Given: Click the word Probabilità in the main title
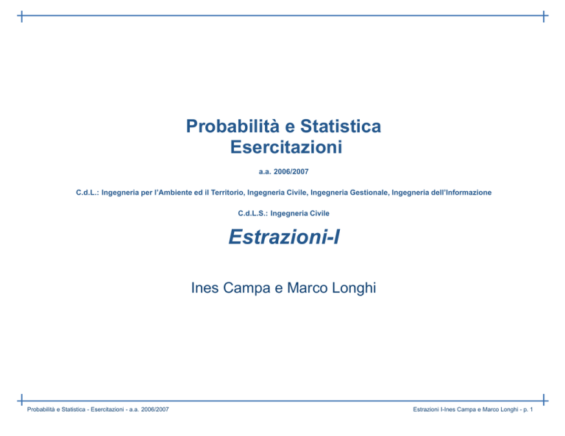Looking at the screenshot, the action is (232, 126).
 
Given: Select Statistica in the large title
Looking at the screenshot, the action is (341, 126).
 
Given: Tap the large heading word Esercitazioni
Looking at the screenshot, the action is (286, 147).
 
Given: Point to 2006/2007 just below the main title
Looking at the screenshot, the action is (291, 172).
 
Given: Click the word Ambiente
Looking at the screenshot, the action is (175, 193).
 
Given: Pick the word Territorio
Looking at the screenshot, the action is (228, 193).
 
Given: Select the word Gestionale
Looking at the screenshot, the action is (369, 193).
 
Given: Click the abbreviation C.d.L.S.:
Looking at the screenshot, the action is (252, 213).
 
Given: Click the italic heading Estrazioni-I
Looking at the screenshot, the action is (284, 237).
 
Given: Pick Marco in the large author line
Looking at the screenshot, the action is (308, 287).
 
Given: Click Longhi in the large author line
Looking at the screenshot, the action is (354, 288).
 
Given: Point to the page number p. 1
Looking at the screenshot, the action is (528, 410).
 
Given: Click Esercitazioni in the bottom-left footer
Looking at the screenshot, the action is (107, 410).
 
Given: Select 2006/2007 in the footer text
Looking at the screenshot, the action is (155, 410).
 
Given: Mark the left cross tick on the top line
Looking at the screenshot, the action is (21, 16).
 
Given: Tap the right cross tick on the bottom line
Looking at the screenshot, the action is (544, 400).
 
